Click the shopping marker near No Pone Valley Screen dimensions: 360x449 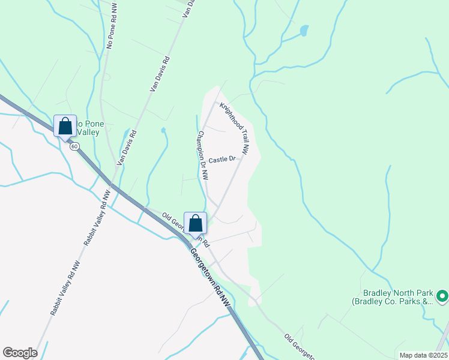(65, 127)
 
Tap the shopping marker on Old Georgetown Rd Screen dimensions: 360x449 (195, 224)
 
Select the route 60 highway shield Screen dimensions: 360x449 (74, 146)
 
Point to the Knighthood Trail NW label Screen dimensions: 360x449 (235, 127)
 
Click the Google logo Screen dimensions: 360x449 (20, 353)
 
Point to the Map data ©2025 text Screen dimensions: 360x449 (423, 355)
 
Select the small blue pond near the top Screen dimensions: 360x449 (304, 29)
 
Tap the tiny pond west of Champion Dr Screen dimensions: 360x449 (163, 130)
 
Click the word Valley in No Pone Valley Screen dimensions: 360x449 (88, 132)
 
